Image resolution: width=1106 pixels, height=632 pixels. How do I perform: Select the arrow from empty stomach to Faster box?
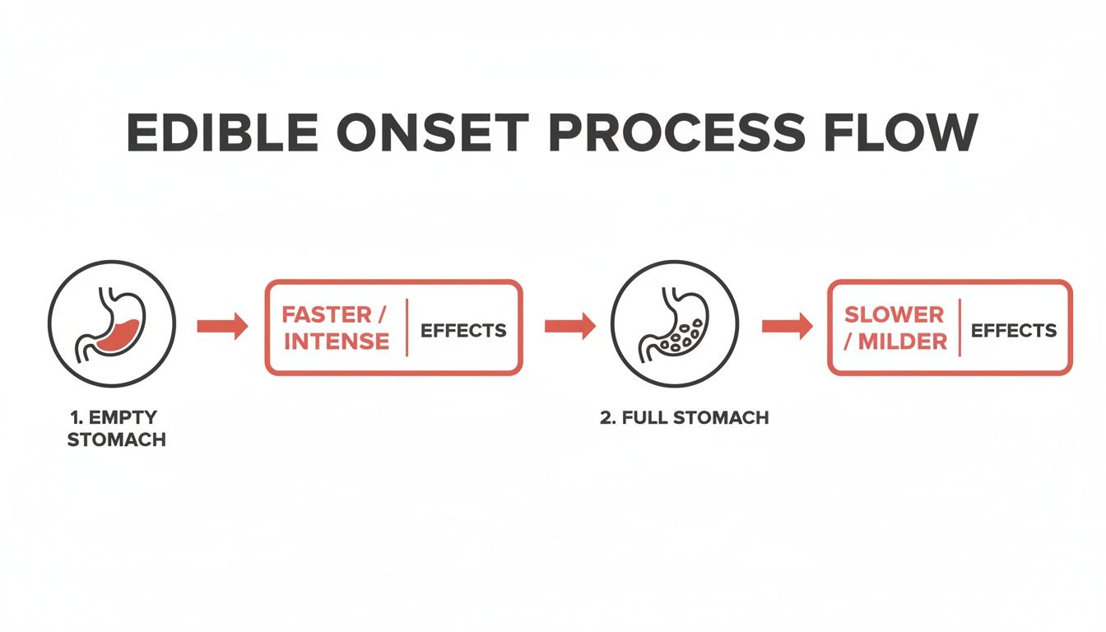tap(222, 327)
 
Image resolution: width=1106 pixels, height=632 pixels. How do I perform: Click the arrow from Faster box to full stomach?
tap(570, 327)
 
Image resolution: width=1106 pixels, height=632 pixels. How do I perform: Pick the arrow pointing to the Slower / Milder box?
tap(788, 327)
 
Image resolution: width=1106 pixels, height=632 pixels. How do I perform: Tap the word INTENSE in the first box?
tap(337, 341)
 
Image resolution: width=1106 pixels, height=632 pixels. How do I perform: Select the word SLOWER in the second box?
tap(895, 314)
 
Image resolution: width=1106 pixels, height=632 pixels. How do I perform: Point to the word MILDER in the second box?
tap(903, 341)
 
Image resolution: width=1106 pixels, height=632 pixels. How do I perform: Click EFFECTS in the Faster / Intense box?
tap(463, 331)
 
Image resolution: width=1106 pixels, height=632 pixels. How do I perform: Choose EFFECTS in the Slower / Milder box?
tap(1014, 331)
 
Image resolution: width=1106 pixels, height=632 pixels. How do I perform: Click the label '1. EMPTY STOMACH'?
tap(116, 429)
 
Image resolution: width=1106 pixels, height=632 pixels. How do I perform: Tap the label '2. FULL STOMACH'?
tap(684, 417)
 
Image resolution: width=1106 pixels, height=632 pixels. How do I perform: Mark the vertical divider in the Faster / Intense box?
tap(407, 328)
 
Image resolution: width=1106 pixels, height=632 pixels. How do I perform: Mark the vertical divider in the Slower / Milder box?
tap(960, 328)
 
